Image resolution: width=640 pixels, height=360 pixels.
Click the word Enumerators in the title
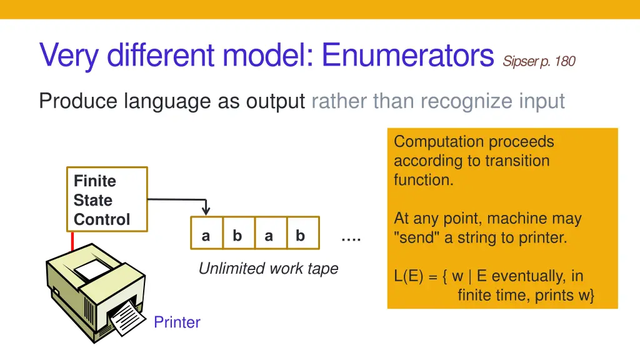tap(408, 56)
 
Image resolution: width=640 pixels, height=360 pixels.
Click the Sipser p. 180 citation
tap(539, 61)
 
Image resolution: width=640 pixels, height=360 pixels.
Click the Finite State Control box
tap(107, 199)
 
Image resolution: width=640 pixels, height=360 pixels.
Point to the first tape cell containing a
tap(206, 236)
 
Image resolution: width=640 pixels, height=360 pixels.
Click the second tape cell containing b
tap(237, 236)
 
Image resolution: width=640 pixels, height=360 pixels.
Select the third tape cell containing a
tap(269, 236)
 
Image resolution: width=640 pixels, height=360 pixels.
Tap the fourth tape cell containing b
tap(301, 236)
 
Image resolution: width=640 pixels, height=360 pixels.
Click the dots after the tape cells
tap(351, 238)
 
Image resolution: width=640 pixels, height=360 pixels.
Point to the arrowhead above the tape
tap(206, 211)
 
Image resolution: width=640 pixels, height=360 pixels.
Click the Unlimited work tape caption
tap(268, 269)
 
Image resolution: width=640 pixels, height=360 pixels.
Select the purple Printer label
tap(177, 322)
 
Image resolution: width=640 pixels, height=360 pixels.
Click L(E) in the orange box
tap(409, 276)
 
